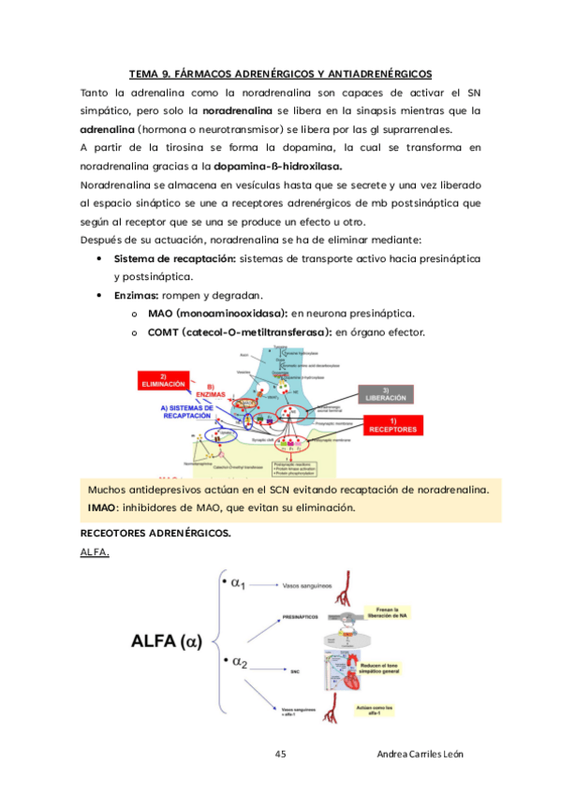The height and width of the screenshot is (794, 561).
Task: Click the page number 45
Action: (x=281, y=755)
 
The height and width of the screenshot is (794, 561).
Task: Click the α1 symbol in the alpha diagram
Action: (x=234, y=585)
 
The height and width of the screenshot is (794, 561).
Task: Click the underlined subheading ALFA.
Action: (x=96, y=552)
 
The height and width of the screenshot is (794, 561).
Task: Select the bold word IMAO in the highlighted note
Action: (x=103, y=507)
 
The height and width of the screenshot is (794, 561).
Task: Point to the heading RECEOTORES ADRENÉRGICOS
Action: (x=155, y=533)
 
